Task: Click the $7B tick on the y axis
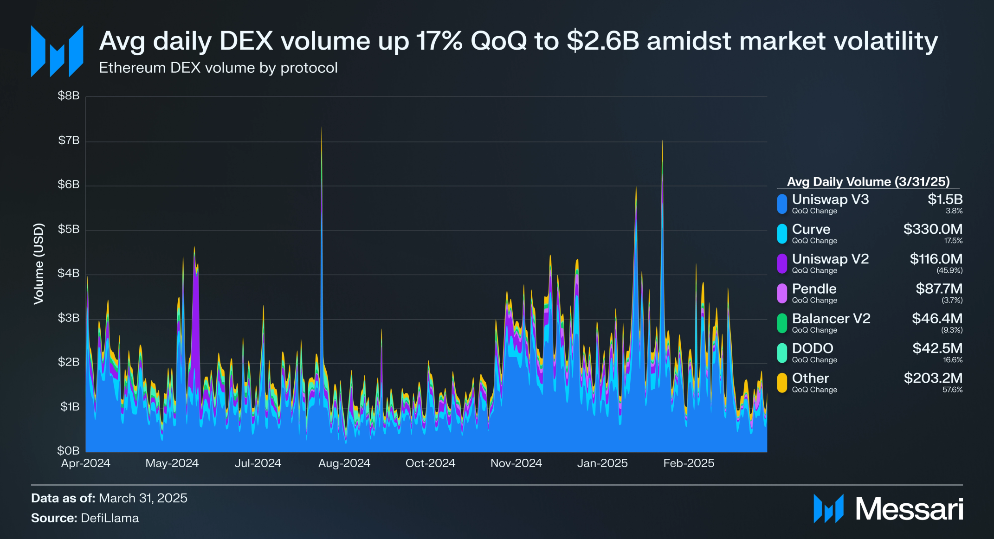69,141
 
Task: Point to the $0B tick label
68,450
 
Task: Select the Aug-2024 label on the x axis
344,463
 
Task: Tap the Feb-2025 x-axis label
688,463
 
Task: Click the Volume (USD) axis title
39,263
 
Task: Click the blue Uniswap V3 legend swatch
782,204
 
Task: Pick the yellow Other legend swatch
782,383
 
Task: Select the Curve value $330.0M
932,229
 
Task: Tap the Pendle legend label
814,289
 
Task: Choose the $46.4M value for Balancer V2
936,318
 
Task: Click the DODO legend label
812,348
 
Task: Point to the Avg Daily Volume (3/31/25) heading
868,181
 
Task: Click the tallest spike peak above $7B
322,128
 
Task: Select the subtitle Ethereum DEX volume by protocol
218,68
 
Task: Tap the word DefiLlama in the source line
110,518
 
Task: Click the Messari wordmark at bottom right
909,509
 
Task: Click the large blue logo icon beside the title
57,51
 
